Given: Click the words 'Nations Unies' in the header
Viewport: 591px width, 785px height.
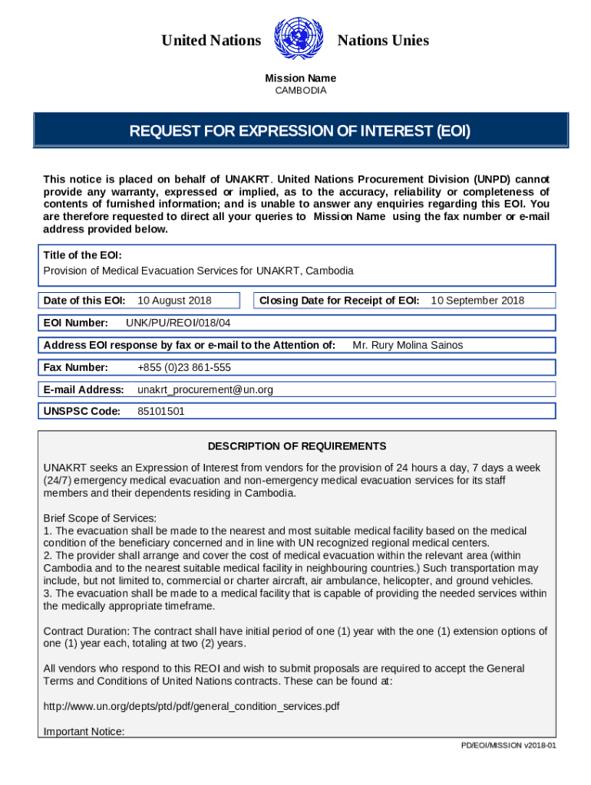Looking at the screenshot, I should (x=383, y=41).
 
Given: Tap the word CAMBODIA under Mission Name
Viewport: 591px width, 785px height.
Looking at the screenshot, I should (x=300, y=90).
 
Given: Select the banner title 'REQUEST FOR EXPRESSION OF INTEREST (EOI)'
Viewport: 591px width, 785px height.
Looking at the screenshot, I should (x=300, y=131).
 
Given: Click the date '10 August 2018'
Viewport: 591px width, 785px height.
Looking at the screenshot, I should (x=174, y=301).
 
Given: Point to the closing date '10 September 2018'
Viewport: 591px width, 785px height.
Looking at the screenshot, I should (x=477, y=301).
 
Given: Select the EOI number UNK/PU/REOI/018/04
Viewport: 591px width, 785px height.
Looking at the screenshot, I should (x=177, y=323).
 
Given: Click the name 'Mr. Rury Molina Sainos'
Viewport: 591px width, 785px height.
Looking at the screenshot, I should (x=408, y=345).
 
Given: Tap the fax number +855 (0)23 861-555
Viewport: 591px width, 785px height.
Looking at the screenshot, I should (x=184, y=367).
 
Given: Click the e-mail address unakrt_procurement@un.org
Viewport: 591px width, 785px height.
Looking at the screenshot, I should (x=205, y=389).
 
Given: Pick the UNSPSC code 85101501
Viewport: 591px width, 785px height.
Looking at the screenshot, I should (x=161, y=412).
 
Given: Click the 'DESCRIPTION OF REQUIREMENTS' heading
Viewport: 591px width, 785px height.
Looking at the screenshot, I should (x=297, y=446).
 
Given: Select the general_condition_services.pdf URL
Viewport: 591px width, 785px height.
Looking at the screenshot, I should (x=192, y=706).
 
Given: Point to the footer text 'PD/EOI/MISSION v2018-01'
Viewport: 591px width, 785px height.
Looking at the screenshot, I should (x=508, y=745).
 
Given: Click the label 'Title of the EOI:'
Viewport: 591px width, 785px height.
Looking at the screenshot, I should (x=82, y=255).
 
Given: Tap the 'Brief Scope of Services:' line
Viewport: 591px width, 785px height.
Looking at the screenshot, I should (x=100, y=518).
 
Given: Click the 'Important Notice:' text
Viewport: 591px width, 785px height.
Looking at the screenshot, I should (x=84, y=731).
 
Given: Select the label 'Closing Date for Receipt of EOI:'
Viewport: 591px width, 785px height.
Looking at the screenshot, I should (x=339, y=301).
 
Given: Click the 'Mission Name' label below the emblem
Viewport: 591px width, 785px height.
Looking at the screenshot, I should (x=300, y=78).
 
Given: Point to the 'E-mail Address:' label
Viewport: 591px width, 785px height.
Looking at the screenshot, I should (x=84, y=389).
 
